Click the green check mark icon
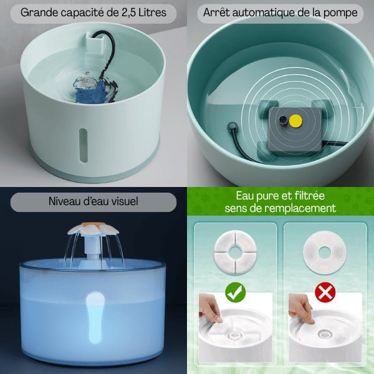(235, 291)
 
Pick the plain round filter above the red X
(324, 252)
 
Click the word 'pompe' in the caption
(343, 12)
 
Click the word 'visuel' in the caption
(122, 202)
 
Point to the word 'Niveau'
(65, 202)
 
